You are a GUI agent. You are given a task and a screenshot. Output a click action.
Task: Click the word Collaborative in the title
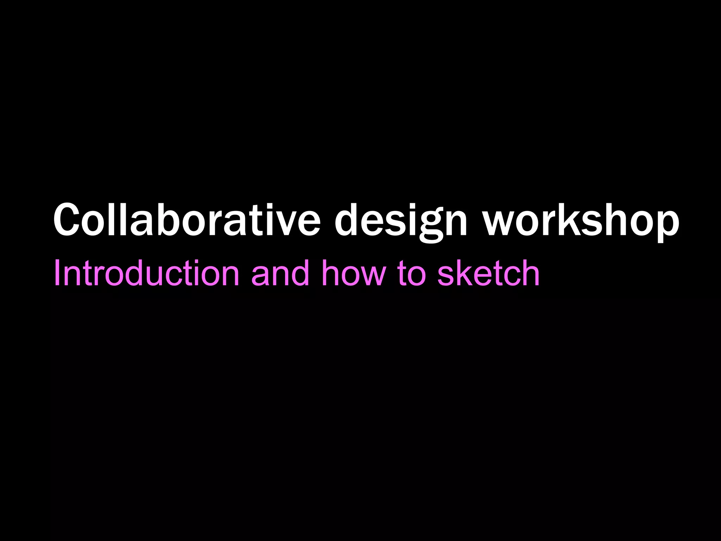pos(187,220)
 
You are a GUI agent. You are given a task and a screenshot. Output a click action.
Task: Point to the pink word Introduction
pos(146,273)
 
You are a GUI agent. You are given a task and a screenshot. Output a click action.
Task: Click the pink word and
pos(280,273)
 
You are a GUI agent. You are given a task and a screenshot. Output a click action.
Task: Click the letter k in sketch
pos(464,273)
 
